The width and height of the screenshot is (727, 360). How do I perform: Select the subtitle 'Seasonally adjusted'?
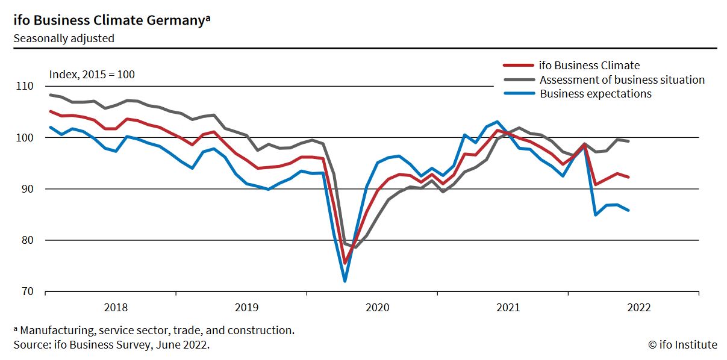[64, 39]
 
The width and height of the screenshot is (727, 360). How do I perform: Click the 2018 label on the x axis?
[116, 308]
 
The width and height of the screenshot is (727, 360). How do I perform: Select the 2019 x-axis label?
[246, 308]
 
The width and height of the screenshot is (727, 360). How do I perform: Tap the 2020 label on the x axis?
[378, 308]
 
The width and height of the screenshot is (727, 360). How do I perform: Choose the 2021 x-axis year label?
[508, 308]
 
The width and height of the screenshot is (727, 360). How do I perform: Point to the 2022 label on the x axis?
[638, 308]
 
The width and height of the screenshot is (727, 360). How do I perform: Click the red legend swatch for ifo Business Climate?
[519, 65]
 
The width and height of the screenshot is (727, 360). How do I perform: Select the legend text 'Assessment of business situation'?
[622, 79]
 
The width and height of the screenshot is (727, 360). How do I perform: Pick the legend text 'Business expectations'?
[596, 94]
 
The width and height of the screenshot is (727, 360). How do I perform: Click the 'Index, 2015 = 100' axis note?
[92, 75]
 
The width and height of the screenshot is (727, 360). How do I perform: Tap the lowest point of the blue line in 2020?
[345, 281]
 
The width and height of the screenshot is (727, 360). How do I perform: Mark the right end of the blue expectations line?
[629, 210]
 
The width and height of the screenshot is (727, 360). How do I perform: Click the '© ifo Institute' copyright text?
[682, 345]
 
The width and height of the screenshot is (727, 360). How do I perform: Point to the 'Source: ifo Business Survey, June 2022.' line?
[111, 345]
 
